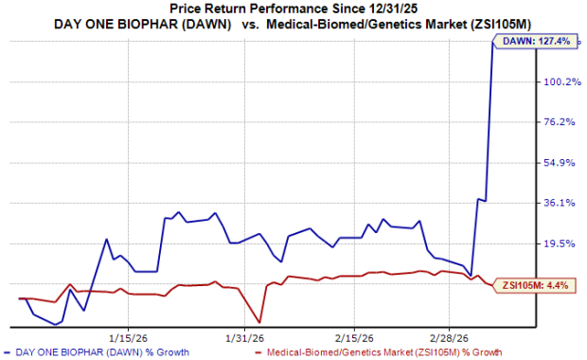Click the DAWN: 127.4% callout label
[x=536, y=41]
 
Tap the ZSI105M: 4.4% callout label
[x=535, y=285]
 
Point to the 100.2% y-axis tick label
[x=562, y=81]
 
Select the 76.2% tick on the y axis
[x=560, y=122]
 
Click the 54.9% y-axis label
[x=560, y=163]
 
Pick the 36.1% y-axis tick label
[x=560, y=203]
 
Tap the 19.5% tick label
[x=560, y=243]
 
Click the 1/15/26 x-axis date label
[x=129, y=338]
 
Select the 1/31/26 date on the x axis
[x=245, y=338]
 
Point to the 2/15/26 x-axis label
[x=354, y=338]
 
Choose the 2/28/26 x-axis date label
[x=449, y=338]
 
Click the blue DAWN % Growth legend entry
[x=97, y=352]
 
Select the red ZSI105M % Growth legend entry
[x=379, y=352]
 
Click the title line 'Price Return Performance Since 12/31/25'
[x=293, y=9]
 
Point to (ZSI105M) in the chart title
[x=499, y=25]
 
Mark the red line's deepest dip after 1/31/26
[x=259, y=322]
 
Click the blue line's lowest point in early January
[x=55, y=324]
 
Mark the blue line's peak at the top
[x=492, y=41]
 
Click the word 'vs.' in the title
[x=250, y=25]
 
